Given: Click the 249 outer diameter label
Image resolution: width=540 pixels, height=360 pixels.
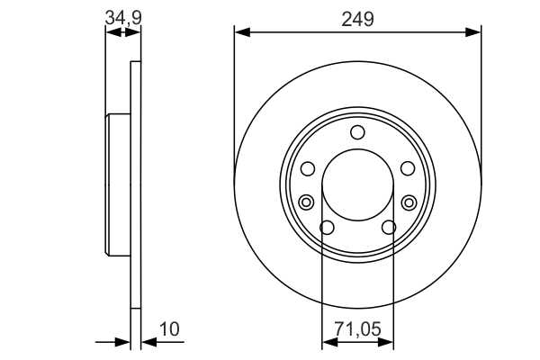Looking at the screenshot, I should click(x=358, y=19).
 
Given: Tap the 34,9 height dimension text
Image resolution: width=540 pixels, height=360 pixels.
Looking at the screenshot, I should click(x=123, y=15).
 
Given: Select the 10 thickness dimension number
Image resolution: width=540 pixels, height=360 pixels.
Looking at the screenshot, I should click(x=168, y=330).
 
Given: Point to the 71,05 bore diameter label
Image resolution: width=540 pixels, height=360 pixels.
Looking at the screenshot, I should click(x=358, y=330).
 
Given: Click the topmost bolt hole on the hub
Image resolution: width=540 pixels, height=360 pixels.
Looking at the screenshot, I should click(x=357, y=133).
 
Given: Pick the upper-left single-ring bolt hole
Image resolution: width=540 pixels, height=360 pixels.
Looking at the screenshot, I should click(x=307, y=169).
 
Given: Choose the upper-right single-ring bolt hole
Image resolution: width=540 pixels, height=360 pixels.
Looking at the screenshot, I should click(x=408, y=169).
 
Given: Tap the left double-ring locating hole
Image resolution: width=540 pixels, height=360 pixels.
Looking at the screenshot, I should click(x=306, y=201).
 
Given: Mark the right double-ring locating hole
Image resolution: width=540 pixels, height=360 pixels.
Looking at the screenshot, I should click(x=409, y=201).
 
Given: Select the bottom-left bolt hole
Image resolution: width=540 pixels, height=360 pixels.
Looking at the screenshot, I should click(x=328, y=228).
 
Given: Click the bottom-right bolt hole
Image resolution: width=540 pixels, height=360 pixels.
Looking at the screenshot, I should click(x=388, y=228).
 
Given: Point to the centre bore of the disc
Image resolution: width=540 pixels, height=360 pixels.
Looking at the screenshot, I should click(x=357, y=184).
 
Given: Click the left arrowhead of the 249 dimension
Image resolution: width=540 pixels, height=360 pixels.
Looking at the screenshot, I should click(x=240, y=32).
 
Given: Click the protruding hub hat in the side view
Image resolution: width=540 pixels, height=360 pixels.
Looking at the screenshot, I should click(x=119, y=184).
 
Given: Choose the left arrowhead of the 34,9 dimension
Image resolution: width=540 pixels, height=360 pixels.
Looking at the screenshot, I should click(x=111, y=32).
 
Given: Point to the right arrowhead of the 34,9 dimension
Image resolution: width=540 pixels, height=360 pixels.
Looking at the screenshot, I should click(x=136, y=32).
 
